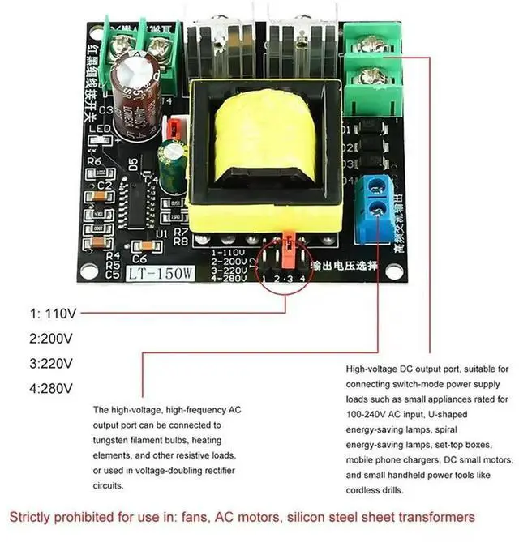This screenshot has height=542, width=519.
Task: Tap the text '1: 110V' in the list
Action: (x=53, y=312)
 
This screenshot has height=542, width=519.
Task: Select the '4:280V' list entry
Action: (x=51, y=388)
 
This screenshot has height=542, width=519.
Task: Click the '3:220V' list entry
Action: (x=51, y=363)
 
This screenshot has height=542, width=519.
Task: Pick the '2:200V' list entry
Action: (x=51, y=338)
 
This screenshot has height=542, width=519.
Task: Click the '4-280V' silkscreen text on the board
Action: (x=228, y=279)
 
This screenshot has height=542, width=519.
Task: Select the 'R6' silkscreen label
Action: (x=94, y=161)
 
